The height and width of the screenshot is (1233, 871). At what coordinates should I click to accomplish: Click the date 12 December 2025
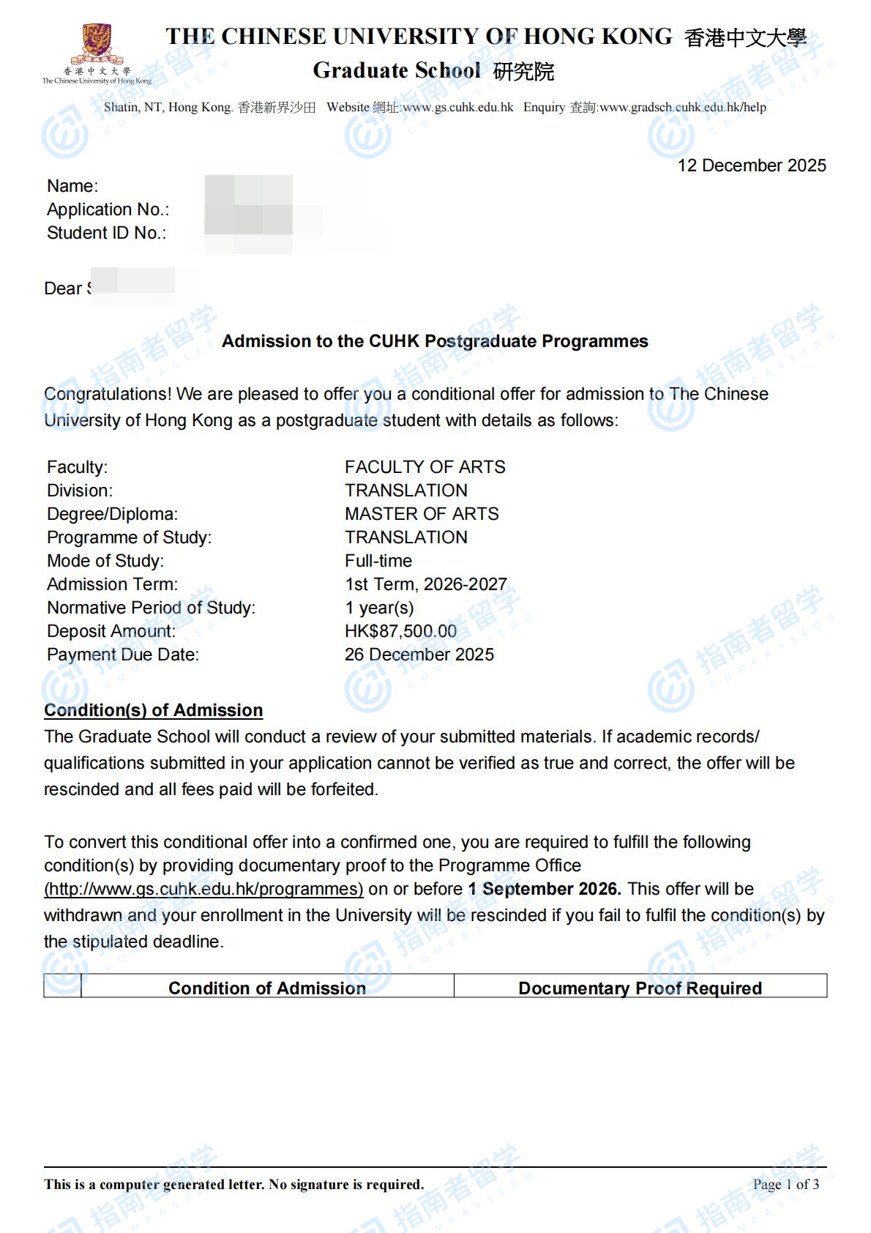(752, 165)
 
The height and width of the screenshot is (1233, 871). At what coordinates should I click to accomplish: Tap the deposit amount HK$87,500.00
(400, 631)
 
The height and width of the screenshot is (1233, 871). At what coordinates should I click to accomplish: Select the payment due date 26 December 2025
(419, 655)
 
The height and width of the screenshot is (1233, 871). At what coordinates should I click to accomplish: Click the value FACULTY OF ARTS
(425, 467)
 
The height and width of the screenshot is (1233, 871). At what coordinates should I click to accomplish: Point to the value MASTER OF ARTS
(422, 514)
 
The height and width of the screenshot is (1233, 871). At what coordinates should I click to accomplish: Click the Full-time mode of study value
(378, 561)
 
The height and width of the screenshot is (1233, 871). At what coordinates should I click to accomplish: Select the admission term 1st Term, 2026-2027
(426, 584)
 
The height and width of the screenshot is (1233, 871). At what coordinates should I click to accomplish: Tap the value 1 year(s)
(379, 608)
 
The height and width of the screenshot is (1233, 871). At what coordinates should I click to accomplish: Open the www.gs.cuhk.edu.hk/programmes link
(203, 889)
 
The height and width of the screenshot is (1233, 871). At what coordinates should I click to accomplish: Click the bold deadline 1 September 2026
(545, 889)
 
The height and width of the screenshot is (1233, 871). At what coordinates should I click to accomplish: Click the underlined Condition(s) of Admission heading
(153, 710)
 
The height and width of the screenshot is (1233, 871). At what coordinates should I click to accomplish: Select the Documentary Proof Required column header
(640, 988)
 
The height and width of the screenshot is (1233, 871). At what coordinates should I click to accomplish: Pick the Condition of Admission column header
(267, 988)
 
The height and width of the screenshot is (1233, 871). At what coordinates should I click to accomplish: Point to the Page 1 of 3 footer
(785, 1184)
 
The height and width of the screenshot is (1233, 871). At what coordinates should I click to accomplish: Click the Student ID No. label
(107, 233)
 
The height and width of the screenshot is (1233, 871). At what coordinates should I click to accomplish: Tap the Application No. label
(108, 209)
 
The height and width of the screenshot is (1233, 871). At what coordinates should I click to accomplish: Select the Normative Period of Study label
(152, 608)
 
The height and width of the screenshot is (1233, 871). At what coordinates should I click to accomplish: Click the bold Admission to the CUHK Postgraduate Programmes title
(435, 341)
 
